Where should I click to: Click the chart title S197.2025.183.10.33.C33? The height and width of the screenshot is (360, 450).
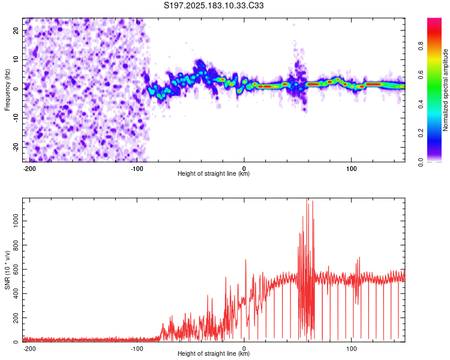[x=214, y=5]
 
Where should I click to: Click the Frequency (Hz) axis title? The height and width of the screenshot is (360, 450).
[x=7, y=90]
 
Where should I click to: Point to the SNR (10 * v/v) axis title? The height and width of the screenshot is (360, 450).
[x=7, y=270]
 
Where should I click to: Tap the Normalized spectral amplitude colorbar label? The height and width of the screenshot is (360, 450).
[x=445, y=90]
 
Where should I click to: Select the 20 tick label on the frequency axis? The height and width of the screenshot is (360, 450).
[x=16, y=30]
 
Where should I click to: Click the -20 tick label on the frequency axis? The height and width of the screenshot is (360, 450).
[x=16, y=147]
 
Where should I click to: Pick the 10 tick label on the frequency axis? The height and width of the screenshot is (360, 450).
[x=16, y=59]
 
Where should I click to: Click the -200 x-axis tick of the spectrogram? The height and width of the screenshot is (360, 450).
[x=29, y=169]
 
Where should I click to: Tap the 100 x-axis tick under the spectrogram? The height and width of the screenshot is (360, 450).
[x=351, y=169]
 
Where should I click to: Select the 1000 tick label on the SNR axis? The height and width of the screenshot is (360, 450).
[x=16, y=221]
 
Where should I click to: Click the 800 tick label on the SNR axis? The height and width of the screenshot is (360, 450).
[x=16, y=245]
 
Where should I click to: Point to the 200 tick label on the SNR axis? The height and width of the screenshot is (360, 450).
[x=16, y=318]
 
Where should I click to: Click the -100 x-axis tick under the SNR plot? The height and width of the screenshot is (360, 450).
[x=137, y=349]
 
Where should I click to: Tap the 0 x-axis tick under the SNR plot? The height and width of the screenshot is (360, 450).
[x=244, y=349]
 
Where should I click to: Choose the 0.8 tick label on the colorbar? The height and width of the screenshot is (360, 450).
[x=421, y=46]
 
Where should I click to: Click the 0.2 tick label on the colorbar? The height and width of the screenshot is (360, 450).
[x=421, y=133]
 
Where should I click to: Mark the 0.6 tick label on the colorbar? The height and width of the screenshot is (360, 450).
[x=421, y=75]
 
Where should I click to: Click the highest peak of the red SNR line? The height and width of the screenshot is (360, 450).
[x=307, y=199]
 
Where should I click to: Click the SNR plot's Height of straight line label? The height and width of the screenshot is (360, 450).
[x=214, y=353]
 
